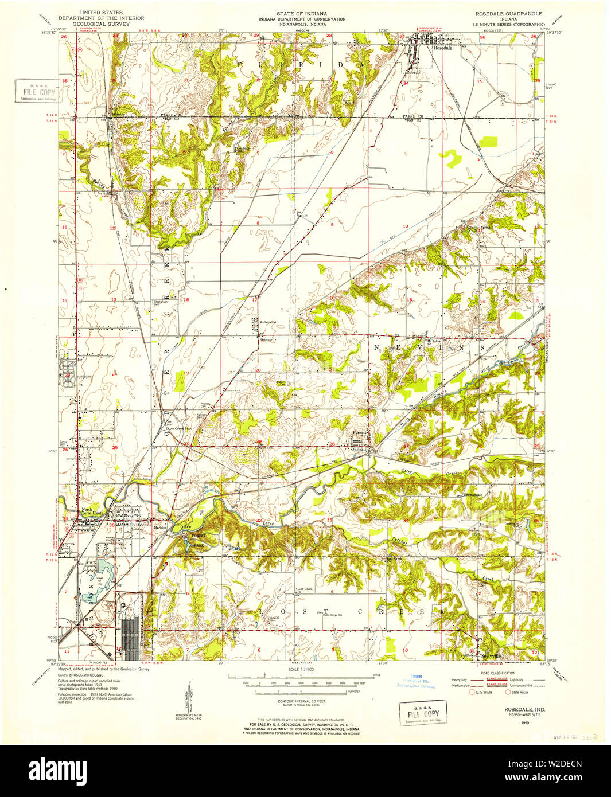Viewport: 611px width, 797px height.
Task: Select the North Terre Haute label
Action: (87, 513)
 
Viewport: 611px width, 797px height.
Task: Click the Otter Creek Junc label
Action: (177, 428)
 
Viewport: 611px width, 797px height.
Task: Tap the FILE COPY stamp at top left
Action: (36, 92)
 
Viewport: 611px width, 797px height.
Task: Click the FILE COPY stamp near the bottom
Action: (423, 714)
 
